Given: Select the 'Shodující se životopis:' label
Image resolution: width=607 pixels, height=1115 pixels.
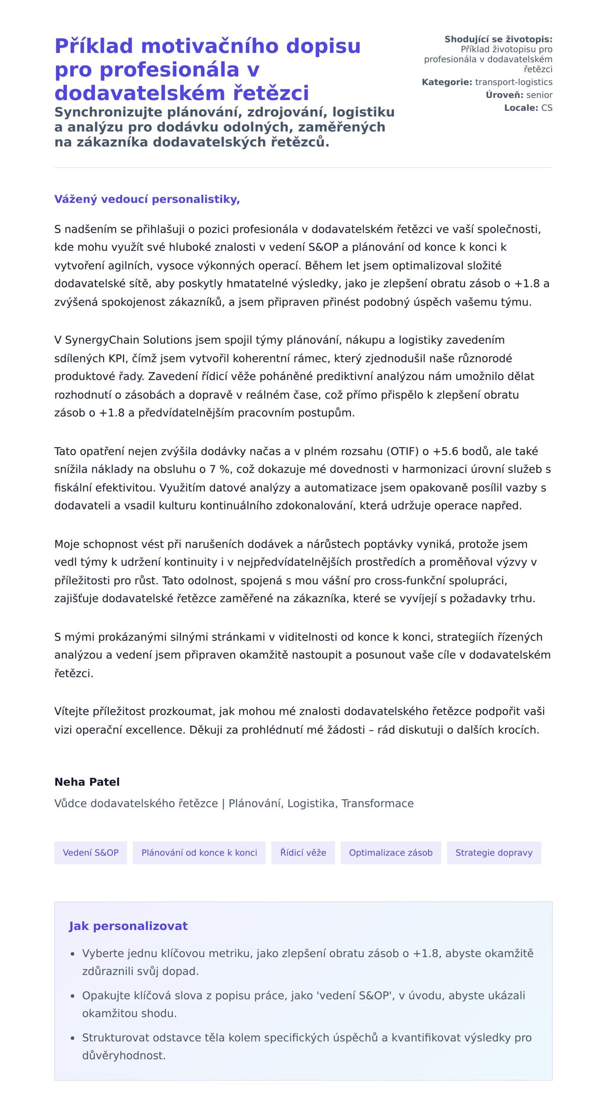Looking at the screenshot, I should pyautogui.click(x=498, y=39).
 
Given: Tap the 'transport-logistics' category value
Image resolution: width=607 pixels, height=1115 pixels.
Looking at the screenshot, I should pyautogui.click(x=513, y=82).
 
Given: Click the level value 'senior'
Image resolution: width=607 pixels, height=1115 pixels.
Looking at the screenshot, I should pyautogui.click(x=539, y=95).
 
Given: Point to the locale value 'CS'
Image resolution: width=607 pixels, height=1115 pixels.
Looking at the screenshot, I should pyautogui.click(x=547, y=108).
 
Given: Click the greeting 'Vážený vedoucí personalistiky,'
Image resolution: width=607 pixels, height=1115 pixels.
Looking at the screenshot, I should pyautogui.click(x=147, y=199).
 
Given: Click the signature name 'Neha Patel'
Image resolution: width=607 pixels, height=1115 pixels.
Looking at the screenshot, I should pyautogui.click(x=87, y=782).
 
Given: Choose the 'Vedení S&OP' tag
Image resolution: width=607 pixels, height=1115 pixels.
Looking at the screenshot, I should pyautogui.click(x=91, y=852).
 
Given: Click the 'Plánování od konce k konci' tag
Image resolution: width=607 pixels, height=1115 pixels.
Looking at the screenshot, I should pyautogui.click(x=199, y=852).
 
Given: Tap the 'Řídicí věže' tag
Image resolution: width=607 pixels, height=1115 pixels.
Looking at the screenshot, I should pyautogui.click(x=303, y=852).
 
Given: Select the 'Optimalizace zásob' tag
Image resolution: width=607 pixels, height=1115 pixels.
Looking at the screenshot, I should pyautogui.click(x=391, y=852).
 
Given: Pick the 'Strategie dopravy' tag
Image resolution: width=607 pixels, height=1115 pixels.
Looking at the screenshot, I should pyautogui.click(x=494, y=852).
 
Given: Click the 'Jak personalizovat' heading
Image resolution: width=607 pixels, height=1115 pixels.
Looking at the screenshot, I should pyautogui.click(x=128, y=926).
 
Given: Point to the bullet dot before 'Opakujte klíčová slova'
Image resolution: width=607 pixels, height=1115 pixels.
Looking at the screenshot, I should pyautogui.click(x=72, y=996).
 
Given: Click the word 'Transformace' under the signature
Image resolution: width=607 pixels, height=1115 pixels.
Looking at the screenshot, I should pyautogui.click(x=377, y=803).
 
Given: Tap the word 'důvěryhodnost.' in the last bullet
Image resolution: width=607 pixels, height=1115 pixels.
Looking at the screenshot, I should pyautogui.click(x=124, y=1056).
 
